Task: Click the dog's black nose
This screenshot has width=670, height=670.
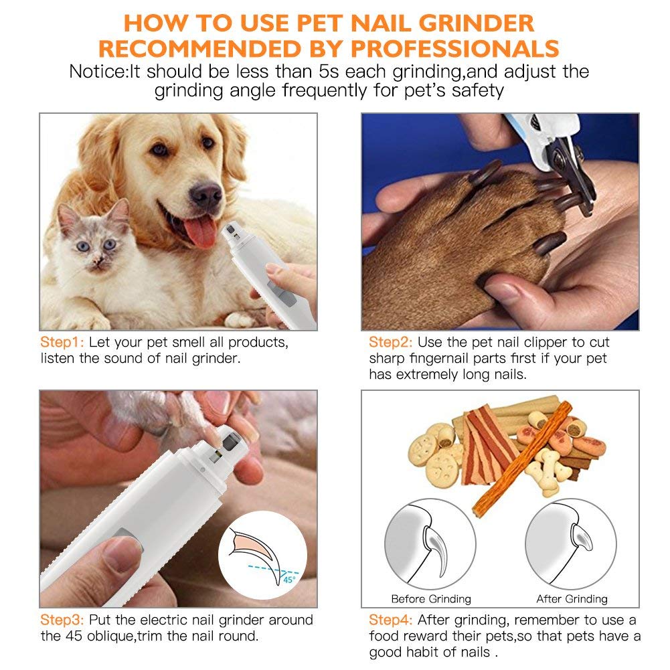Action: tap(205, 194)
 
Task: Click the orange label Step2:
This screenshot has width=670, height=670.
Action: tap(390, 342)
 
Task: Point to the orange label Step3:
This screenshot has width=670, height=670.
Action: tap(62, 620)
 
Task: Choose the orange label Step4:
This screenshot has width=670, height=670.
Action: tap(390, 620)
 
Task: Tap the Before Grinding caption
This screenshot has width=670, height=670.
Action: tap(431, 599)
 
